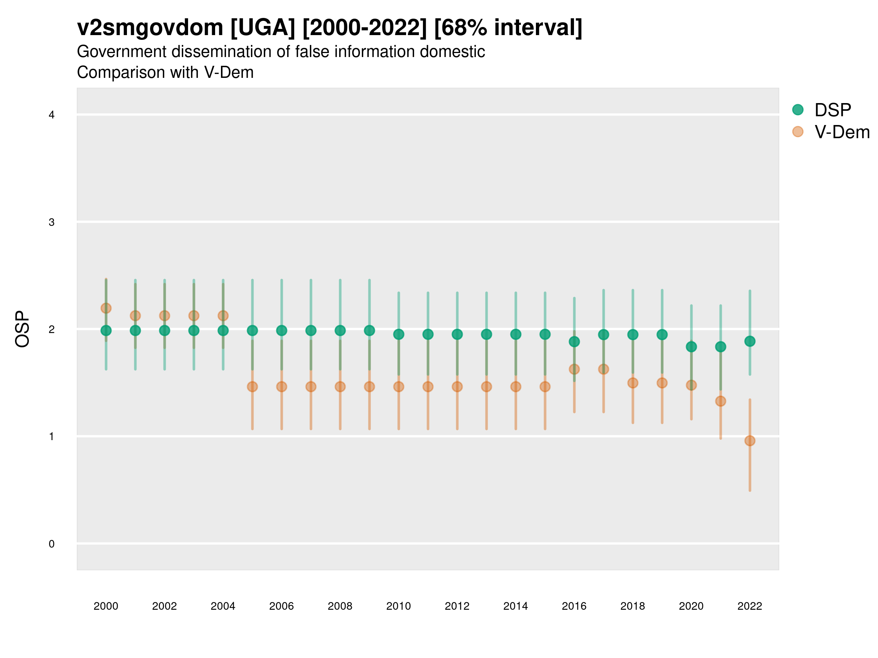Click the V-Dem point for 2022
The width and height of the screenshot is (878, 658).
coord(750,440)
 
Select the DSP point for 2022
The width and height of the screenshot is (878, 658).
coord(750,341)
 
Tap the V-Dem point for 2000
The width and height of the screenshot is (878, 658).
coord(106,308)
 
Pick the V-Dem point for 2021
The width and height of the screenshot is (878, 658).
coord(720,401)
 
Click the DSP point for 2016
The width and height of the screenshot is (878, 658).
coord(574,341)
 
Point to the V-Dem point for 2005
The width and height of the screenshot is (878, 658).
coord(252,387)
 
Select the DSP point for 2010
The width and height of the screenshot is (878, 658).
coord(398,334)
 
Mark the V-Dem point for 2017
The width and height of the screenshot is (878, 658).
coord(603,369)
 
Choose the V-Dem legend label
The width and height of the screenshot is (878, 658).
coord(842,132)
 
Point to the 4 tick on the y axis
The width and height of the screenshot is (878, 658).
coord(52,115)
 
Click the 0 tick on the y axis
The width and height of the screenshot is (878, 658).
coord(52,544)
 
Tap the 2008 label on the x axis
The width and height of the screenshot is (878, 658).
coord(340,606)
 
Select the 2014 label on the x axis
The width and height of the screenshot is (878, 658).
coord(515,606)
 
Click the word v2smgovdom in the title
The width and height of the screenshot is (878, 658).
coord(150,28)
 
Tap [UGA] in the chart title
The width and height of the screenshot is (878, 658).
coord(263,28)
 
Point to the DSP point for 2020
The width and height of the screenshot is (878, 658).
coord(691,347)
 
